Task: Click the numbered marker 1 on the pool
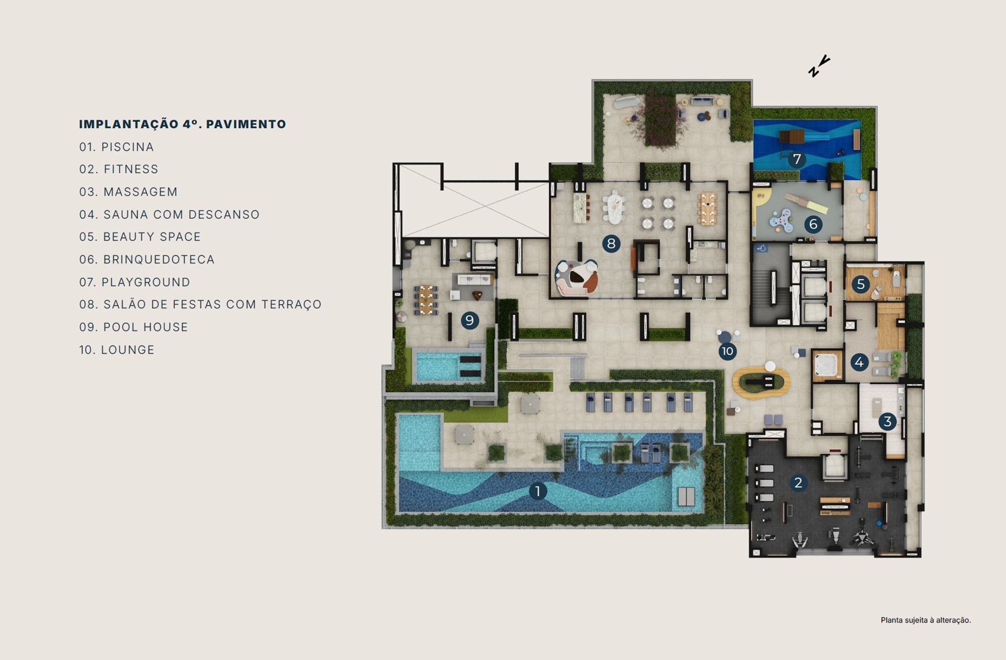538,491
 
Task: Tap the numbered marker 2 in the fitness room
798,483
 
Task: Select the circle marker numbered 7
797,159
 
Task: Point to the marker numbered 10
727,351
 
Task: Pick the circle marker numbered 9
469,320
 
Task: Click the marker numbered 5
861,284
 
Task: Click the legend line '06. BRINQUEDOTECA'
147,260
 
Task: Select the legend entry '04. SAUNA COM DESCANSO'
169,215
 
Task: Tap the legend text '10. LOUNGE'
117,350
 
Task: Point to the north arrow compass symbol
819,67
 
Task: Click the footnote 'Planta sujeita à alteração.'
926,620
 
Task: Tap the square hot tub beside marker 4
827,365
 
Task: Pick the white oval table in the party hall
614,206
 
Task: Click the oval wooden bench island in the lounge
761,381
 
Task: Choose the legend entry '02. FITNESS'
119,169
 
